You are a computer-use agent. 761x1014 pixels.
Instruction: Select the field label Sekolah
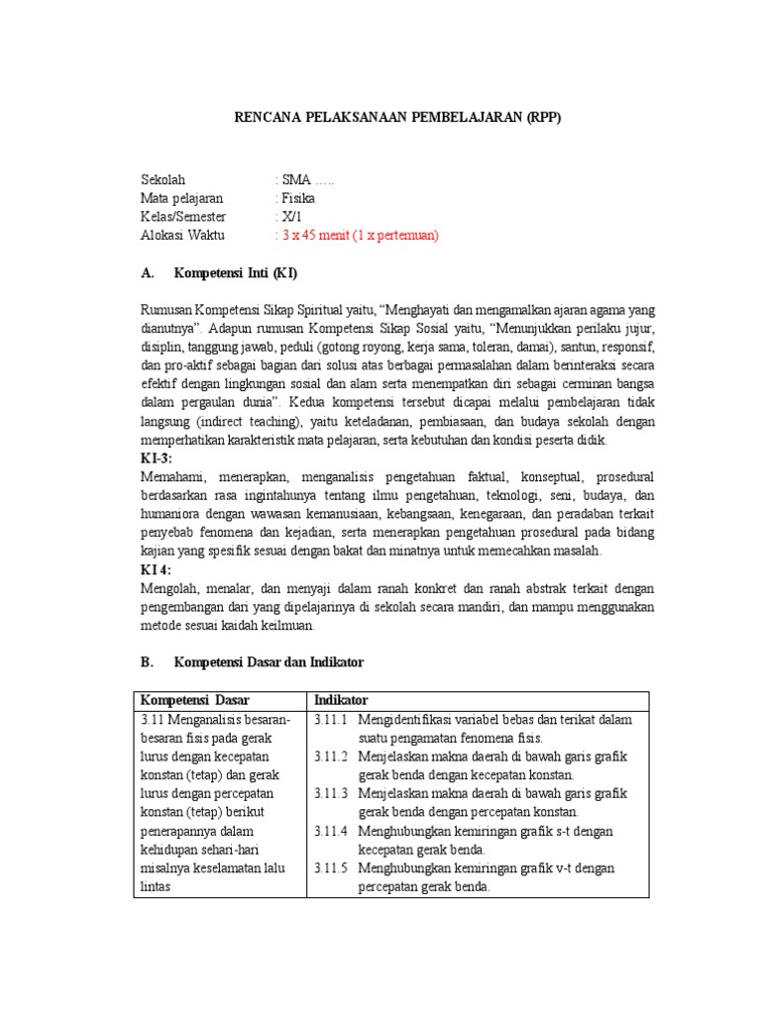(163, 179)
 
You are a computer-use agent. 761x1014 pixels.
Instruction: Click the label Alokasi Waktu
(183, 236)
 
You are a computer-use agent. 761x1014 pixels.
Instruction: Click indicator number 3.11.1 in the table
(333, 720)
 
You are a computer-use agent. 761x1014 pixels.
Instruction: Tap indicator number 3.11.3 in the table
(333, 794)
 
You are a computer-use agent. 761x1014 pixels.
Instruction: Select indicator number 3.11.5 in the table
(333, 868)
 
